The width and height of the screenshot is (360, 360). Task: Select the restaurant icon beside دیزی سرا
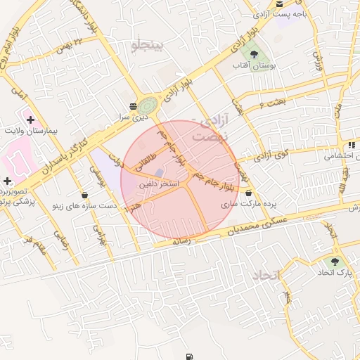tap(133, 106)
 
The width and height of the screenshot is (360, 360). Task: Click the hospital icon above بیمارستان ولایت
tap(30, 120)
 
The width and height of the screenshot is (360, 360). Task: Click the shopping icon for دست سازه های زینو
tap(85, 195)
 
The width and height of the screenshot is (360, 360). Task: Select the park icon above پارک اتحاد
tap(334, 261)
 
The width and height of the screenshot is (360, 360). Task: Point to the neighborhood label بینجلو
tap(147, 46)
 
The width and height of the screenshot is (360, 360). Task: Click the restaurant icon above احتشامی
tap(351, 146)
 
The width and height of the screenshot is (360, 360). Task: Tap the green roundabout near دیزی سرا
tap(148, 106)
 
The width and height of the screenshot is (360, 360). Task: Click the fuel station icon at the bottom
tap(188, 356)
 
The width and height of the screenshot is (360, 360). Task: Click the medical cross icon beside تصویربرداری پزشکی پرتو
tap(7, 181)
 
